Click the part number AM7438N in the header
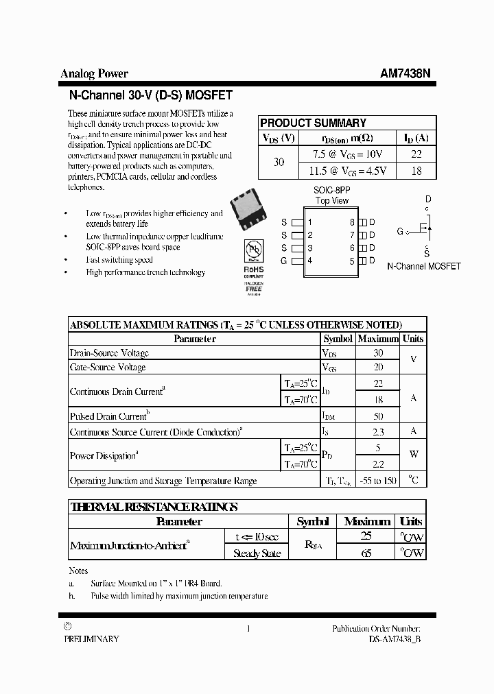tap(405, 74)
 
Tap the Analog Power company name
tap(94, 74)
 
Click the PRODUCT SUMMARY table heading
tap(313, 123)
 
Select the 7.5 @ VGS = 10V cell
tap(347, 154)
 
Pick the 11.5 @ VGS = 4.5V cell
tap(347, 171)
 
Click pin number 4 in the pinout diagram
tap(310, 261)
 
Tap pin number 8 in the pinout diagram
tap(352, 222)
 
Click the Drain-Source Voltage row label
tap(109, 353)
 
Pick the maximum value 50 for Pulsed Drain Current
tap(377, 416)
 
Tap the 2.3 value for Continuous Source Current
tap(377, 432)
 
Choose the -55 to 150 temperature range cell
tap(377, 481)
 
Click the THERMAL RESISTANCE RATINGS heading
tap(154, 507)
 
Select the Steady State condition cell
tap(257, 553)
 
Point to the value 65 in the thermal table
tap(366, 553)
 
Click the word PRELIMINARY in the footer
tap(91, 638)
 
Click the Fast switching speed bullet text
tap(119, 260)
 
